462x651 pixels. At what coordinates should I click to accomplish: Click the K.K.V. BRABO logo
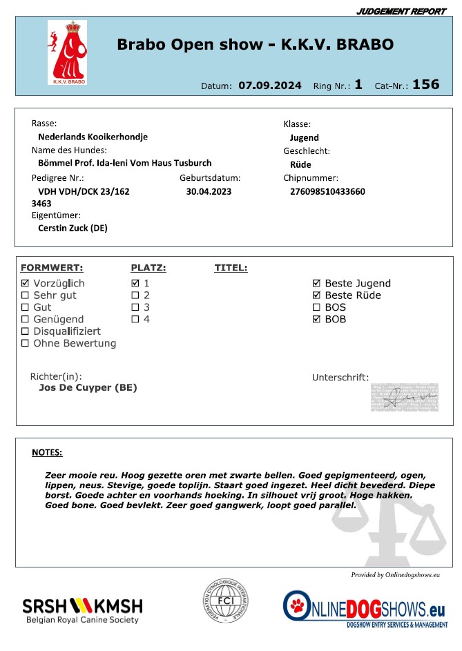point(67,52)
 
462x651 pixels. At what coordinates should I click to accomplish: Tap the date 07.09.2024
point(270,86)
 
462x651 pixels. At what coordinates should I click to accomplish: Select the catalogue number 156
point(425,84)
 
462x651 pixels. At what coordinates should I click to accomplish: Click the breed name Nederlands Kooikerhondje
point(93,137)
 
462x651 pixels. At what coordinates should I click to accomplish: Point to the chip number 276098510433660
point(329,191)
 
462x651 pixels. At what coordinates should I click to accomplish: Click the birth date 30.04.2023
point(209,191)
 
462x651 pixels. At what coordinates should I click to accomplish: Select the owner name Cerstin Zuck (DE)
point(73,228)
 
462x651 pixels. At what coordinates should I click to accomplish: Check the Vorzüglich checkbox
point(26,284)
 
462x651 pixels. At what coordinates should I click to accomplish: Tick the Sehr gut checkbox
point(26,295)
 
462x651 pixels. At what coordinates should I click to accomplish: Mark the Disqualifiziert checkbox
point(26,331)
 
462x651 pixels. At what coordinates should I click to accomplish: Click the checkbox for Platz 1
point(135,284)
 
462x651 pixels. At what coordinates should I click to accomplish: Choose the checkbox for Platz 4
point(135,319)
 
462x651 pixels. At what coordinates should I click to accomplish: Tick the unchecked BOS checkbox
point(316,307)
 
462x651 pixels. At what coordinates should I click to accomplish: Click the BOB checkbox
point(316,319)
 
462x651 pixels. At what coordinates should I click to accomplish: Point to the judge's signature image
point(404,396)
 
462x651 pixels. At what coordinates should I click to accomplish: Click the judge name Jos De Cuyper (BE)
point(88,388)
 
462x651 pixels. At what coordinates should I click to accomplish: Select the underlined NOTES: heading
point(47,453)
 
